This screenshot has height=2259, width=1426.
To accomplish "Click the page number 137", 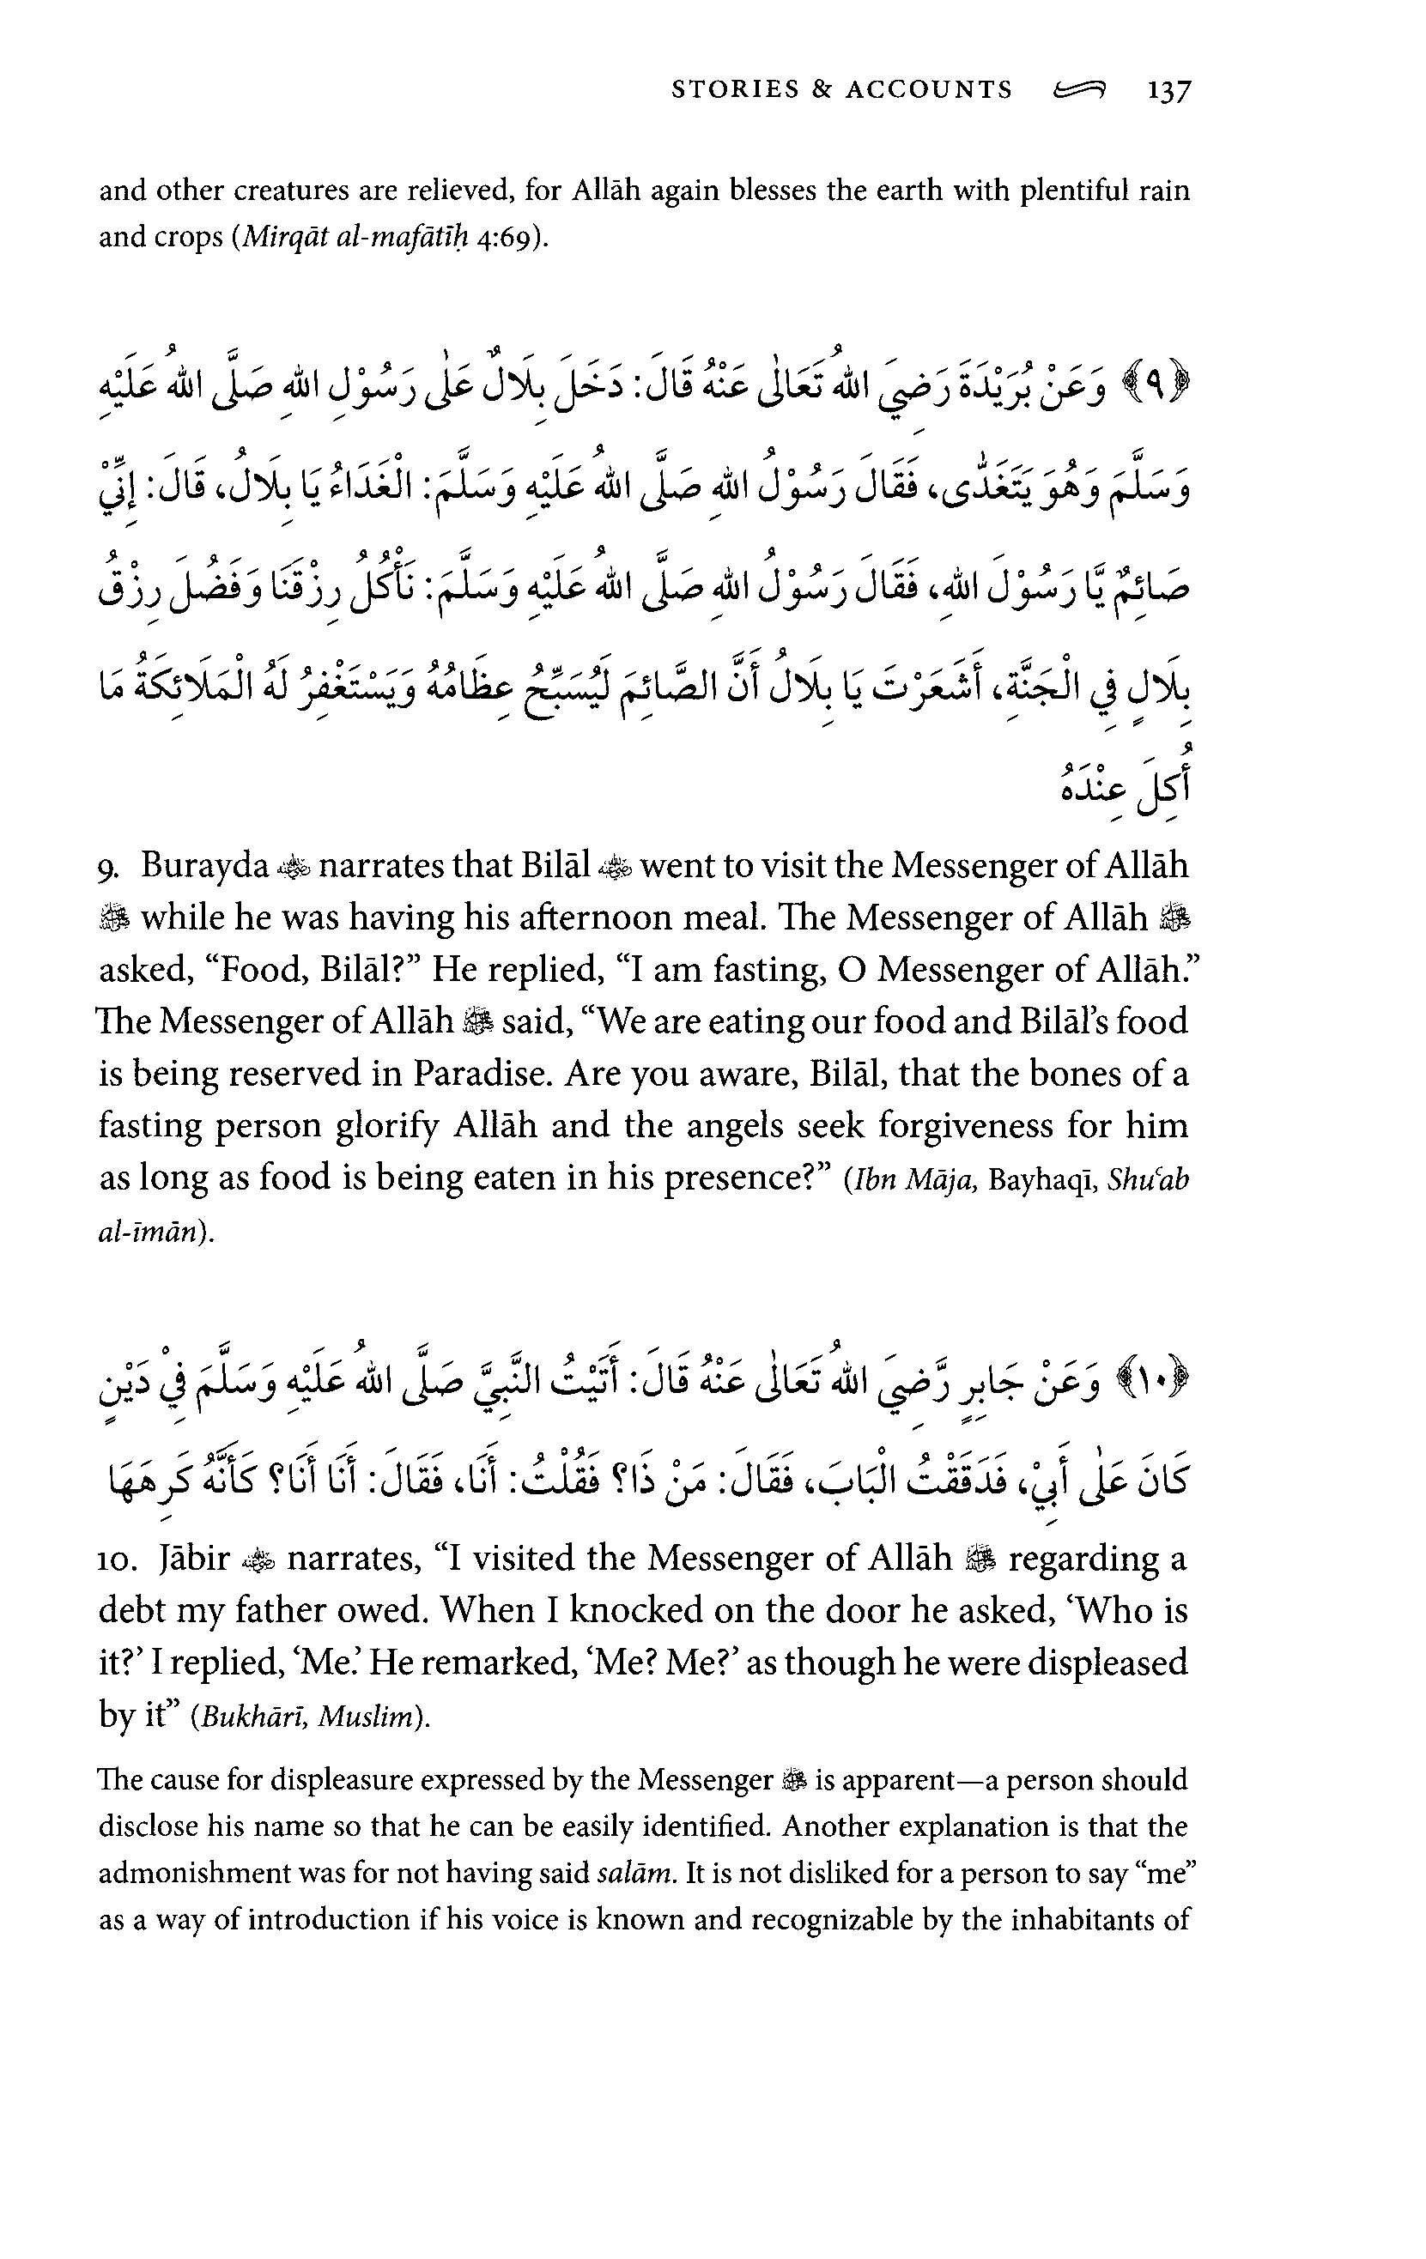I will pos(1168,91).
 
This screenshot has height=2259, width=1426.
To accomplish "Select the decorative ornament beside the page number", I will pos(1080,90).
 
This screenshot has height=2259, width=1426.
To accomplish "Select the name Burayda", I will pos(204,865).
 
